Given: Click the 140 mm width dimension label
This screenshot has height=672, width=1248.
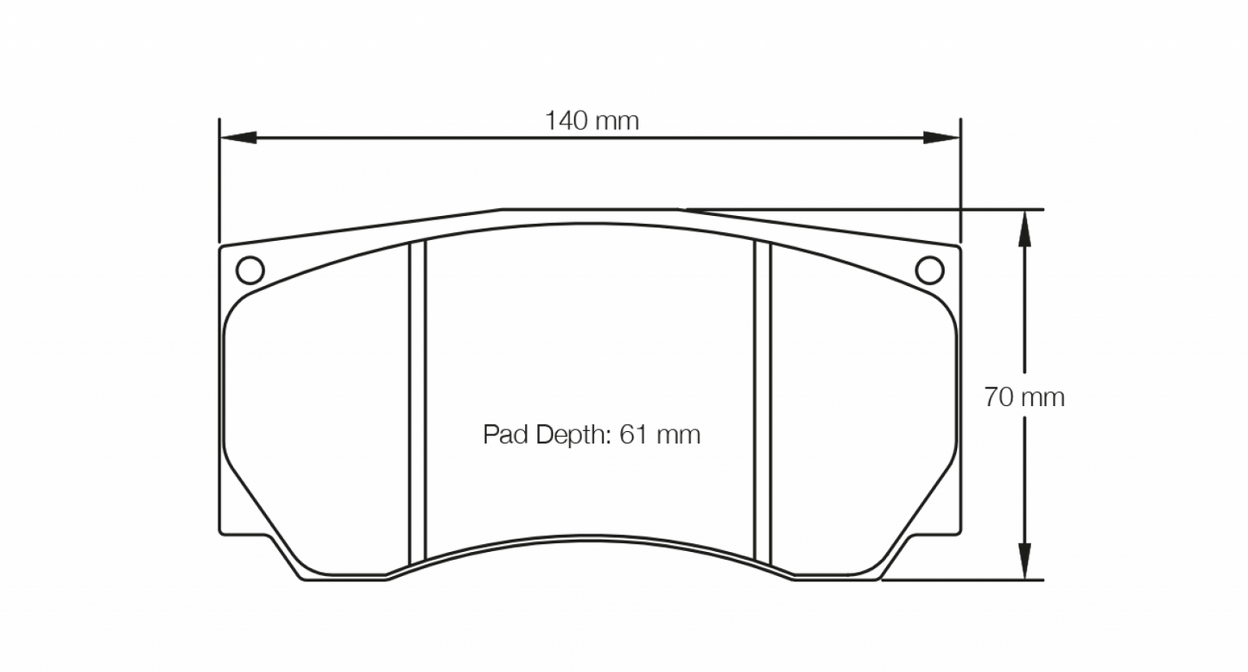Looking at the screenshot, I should tap(592, 121).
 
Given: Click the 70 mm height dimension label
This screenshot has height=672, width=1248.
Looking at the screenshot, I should tap(1023, 397).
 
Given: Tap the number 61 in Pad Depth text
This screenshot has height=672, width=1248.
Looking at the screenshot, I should tap(633, 434).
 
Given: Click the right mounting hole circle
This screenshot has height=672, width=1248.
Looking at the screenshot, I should tap(929, 270).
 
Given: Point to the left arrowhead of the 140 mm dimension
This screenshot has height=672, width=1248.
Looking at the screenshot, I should tap(238, 137).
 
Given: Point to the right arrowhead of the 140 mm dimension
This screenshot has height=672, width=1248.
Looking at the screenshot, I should tap(941, 137).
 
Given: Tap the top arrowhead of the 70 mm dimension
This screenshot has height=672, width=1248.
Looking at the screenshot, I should tap(1024, 226).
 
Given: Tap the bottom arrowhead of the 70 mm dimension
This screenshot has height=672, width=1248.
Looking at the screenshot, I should tap(1024, 561).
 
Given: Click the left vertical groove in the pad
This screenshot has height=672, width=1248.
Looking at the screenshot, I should tap(418, 397).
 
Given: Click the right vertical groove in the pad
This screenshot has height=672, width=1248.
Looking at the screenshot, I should tap(762, 397).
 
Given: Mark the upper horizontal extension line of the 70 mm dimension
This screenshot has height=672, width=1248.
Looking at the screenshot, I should tap(950, 209).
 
